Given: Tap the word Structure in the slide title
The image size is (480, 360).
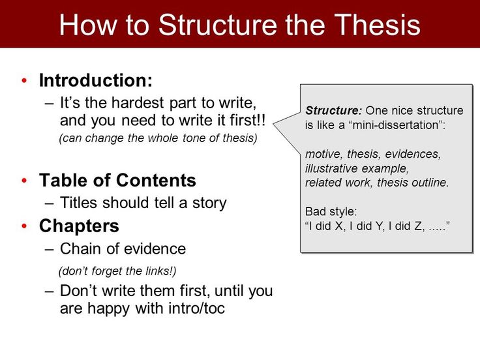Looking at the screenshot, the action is (x=218, y=25).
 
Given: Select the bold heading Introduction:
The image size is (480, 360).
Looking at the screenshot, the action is (x=95, y=80).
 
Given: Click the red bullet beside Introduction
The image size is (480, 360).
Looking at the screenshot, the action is (x=25, y=80).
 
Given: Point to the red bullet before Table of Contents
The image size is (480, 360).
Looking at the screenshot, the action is (x=25, y=180).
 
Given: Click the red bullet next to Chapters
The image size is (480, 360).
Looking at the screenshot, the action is (x=25, y=226).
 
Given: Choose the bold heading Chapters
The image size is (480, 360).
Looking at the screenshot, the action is (x=79, y=226).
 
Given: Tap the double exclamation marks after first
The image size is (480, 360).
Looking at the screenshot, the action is (x=261, y=120).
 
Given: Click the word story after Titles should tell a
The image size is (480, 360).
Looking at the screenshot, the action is (x=209, y=203).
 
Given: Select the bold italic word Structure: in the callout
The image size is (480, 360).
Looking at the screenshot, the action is (x=333, y=110).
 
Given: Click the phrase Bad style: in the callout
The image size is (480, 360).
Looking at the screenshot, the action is (x=331, y=211).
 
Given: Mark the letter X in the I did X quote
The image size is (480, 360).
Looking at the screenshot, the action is (x=338, y=226).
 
